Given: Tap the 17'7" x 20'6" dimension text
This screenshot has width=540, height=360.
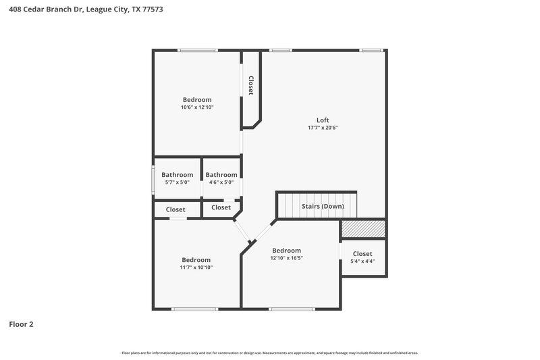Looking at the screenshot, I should point(323,127).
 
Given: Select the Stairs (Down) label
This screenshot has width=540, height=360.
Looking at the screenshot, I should point(323,206).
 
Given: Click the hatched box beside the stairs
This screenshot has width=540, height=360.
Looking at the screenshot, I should point(363,229).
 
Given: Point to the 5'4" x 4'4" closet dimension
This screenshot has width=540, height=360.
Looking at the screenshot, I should point(363,261).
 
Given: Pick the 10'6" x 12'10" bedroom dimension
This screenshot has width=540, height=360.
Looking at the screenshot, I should point(196,107).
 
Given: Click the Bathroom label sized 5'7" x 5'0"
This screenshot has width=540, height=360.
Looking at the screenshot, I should point(177,175).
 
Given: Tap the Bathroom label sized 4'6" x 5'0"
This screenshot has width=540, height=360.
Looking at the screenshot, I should point(221,175).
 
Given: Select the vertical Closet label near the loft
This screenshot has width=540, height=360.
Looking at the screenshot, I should point(250,85).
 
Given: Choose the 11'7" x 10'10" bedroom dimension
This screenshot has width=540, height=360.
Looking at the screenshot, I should point(196,267).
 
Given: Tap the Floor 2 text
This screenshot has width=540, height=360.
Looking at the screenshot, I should point(21,324).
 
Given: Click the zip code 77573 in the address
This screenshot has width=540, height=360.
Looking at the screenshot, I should point(153,10).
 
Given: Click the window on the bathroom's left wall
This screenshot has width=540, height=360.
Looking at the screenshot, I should point(153,178).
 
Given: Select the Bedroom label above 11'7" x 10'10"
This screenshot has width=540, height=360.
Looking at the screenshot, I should point(196,260).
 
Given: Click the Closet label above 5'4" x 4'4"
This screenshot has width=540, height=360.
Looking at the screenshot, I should point(363,254).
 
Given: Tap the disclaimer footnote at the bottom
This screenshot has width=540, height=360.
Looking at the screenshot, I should point(270,353).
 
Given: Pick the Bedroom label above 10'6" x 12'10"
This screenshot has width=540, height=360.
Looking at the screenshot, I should point(196,100).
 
